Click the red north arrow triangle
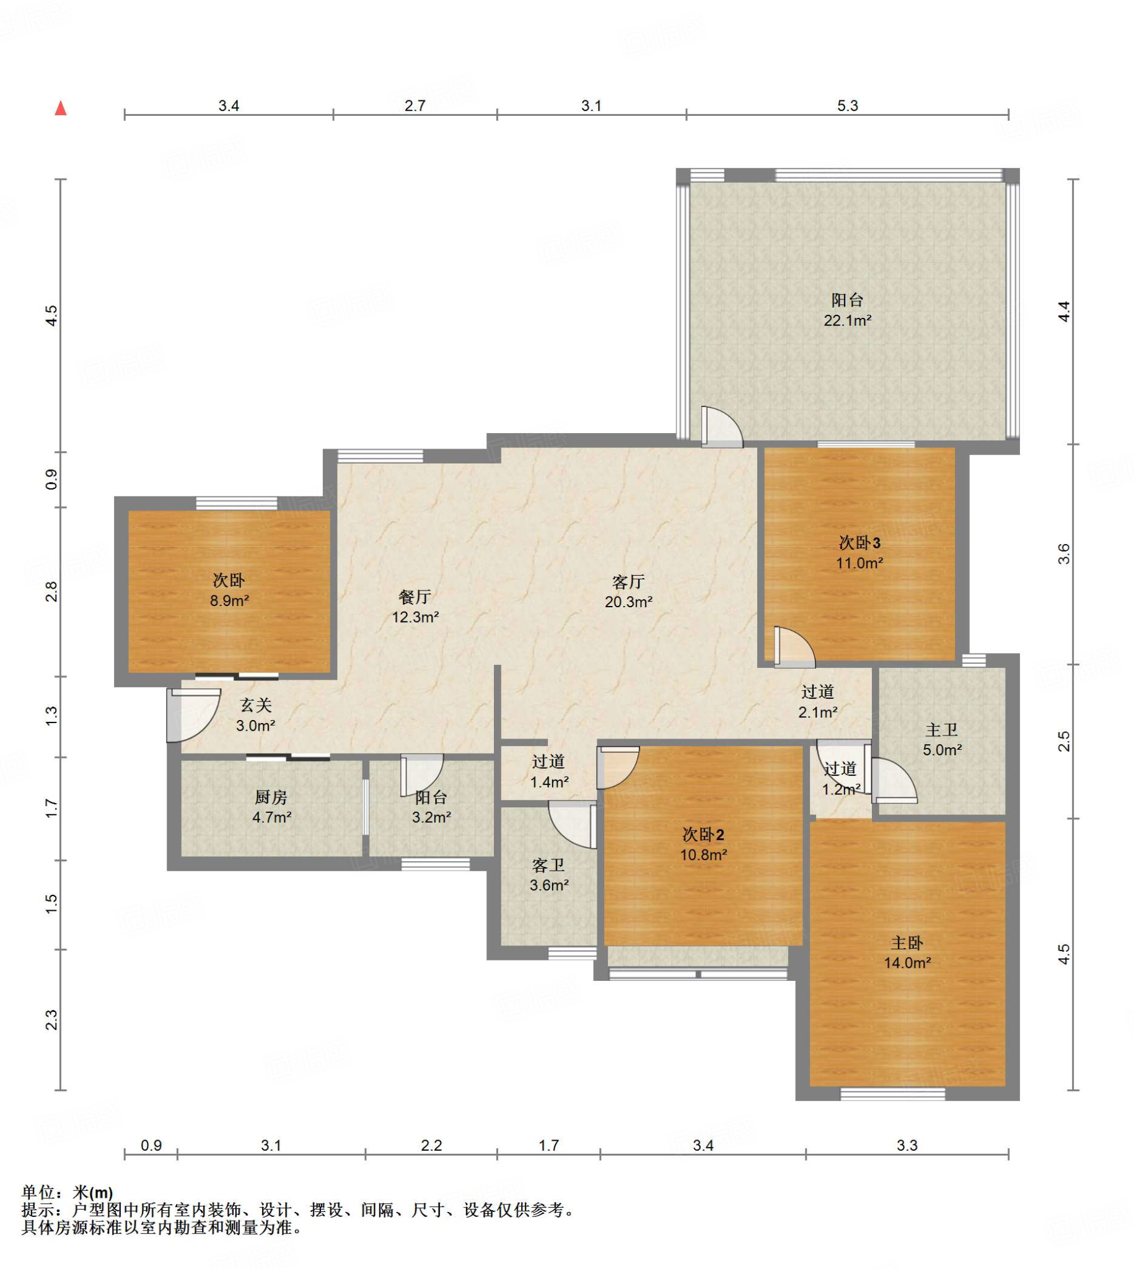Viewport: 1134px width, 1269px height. (x=61, y=108)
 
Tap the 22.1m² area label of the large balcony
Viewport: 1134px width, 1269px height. (x=847, y=321)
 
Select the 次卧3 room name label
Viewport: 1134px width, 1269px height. (x=860, y=543)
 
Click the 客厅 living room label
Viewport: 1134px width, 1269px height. (x=628, y=582)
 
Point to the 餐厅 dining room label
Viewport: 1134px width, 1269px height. (x=415, y=597)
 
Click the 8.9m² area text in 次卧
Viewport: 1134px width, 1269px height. (x=229, y=600)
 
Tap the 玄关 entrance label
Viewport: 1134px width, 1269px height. (x=256, y=705)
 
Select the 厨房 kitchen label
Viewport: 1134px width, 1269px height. (x=271, y=797)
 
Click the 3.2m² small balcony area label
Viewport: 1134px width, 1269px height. (x=431, y=817)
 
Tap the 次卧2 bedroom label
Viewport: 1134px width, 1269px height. (x=703, y=834)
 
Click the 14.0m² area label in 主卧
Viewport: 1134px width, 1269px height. (x=907, y=962)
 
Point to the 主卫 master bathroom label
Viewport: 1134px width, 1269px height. (x=941, y=729)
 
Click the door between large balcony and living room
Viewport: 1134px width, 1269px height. (x=721, y=427)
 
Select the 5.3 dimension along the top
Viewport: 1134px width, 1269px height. (x=847, y=106)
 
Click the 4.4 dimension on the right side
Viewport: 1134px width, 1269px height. (x=1065, y=312)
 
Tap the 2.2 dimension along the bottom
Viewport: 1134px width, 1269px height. (x=431, y=1145)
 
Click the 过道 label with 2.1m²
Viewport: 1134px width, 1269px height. (x=817, y=692)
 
